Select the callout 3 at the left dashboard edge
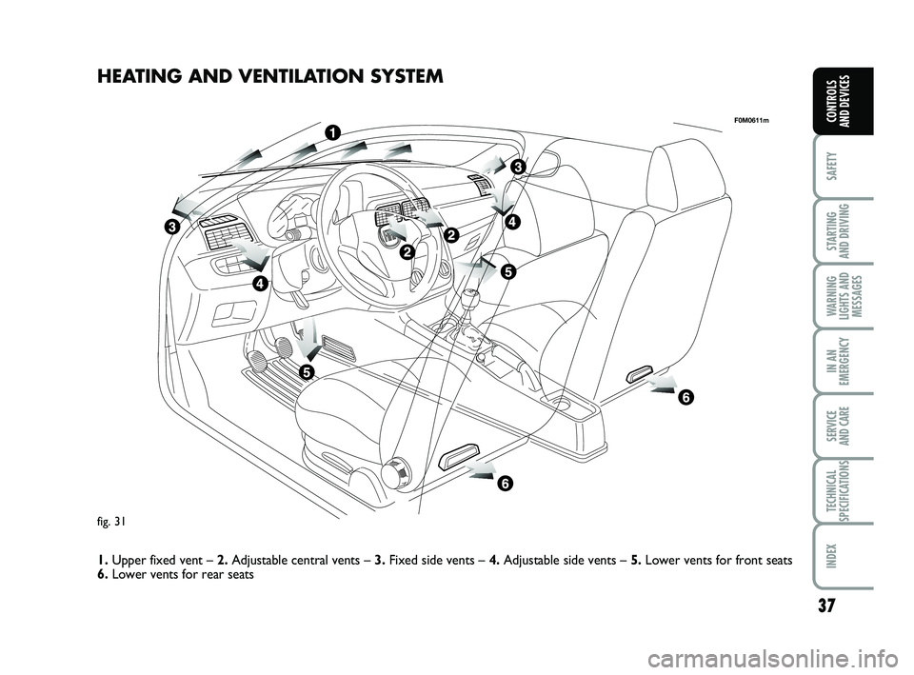tap(170, 228)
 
